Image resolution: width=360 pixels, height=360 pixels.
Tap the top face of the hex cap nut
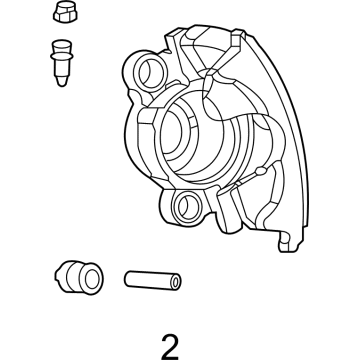pos(62,10)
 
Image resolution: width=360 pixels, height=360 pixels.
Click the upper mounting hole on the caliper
pos(142,73)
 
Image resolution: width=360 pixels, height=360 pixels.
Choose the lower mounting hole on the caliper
pos(185,207)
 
